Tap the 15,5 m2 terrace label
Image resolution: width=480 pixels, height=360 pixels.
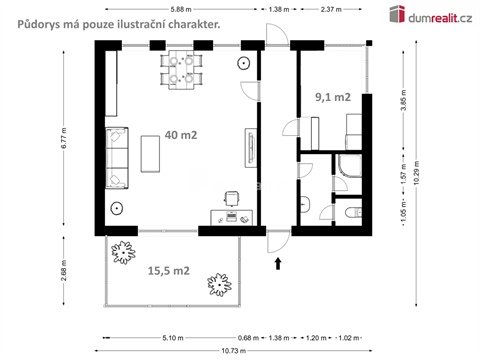pos(169,270)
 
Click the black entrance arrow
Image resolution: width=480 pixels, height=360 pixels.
pos(277,264)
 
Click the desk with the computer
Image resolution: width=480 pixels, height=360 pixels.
pos(229,216)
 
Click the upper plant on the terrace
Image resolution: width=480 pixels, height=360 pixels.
pos(125,251)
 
